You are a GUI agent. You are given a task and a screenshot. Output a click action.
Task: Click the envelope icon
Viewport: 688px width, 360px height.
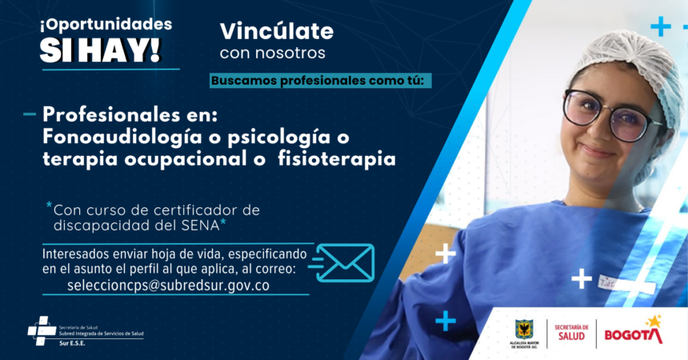point(346,263)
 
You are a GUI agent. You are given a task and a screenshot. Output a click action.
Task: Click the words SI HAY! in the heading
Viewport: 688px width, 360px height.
point(100,50)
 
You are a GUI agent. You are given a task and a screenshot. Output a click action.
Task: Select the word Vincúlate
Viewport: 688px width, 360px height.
point(276,31)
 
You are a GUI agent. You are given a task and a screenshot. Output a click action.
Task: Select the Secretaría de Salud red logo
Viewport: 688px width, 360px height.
point(571,332)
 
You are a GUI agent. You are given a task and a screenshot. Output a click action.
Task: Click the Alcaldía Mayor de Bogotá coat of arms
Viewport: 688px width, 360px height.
point(524,330)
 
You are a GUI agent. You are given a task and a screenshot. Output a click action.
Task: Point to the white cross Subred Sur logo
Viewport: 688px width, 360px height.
point(42,330)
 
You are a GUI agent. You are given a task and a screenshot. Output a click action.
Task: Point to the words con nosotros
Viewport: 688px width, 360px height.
point(272,54)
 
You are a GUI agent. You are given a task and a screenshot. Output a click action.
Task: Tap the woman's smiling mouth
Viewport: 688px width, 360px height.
point(598,150)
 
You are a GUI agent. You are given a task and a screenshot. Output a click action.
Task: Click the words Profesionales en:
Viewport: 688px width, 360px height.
point(135,114)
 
